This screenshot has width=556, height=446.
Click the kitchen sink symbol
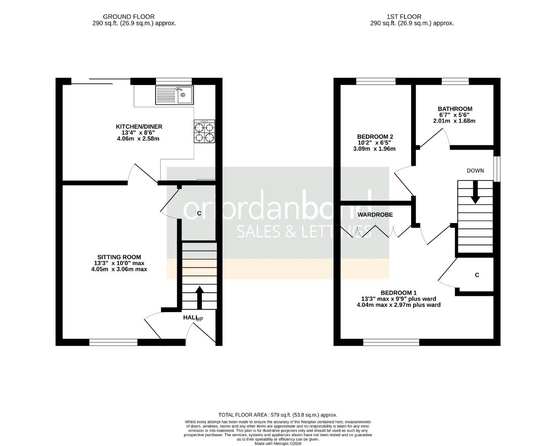tap(174, 95)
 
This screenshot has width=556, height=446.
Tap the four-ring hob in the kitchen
tap(205, 132)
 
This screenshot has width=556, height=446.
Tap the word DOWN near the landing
tap(475, 171)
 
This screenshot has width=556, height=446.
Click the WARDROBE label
tap(375, 215)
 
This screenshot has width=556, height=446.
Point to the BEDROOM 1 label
tap(398, 293)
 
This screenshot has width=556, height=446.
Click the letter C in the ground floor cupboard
tap(199, 214)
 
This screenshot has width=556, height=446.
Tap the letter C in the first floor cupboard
tap(477, 275)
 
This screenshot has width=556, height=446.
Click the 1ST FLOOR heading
tap(404, 17)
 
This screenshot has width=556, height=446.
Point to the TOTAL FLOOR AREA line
tap(278, 415)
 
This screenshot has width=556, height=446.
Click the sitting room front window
tap(113, 342)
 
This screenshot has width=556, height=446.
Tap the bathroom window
tap(455, 81)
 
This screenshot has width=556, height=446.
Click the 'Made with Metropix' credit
tap(278, 444)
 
